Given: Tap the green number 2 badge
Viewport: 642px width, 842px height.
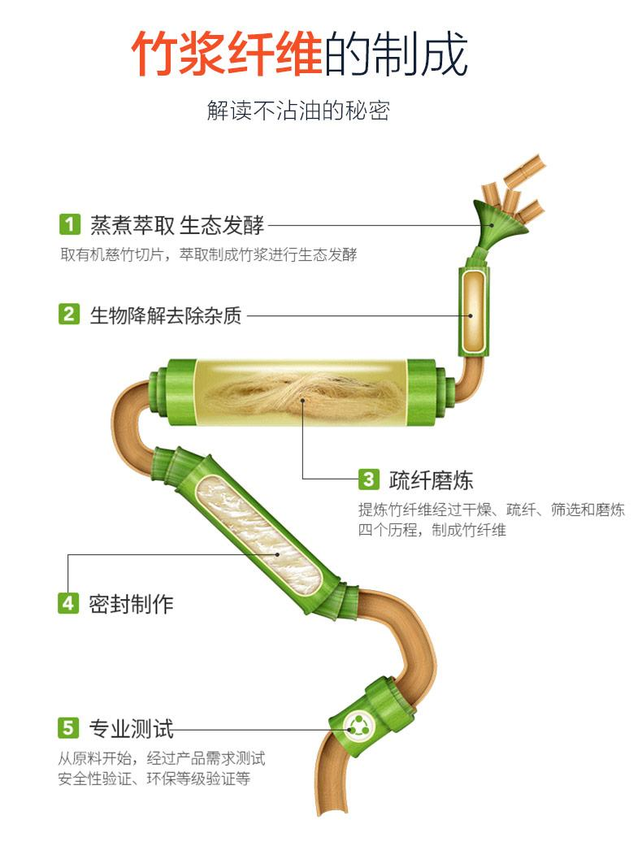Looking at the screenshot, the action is (70, 315).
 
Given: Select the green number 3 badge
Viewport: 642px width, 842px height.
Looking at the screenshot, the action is (369, 480).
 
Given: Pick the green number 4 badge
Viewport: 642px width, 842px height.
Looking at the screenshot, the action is (69, 603).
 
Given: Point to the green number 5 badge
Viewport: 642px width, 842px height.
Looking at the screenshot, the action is (69, 727).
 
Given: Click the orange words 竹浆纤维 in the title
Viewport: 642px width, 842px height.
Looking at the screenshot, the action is (227, 55).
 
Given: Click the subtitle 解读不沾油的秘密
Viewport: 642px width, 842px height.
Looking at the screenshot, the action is (298, 111).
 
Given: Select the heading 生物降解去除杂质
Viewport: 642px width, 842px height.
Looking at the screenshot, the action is (165, 315).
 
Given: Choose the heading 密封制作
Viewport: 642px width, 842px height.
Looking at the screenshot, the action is (131, 603).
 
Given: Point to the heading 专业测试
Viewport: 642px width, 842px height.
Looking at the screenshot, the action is (131, 727).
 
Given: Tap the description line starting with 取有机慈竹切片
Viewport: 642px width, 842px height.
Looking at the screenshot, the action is (208, 254).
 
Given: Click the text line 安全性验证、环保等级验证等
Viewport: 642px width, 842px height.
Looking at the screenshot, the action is (154, 779).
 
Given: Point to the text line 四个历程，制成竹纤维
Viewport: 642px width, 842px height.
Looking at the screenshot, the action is (432, 530).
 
